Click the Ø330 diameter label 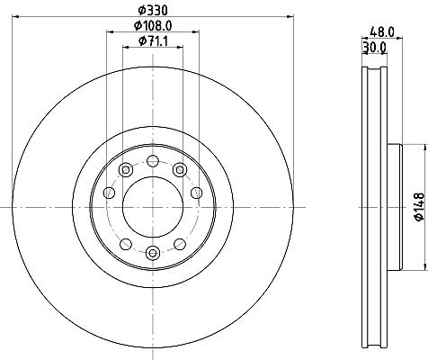click(153, 11)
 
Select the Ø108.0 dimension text click(153, 26)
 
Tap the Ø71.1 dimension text click(153, 41)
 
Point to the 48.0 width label click(382, 31)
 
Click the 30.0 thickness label click(374, 48)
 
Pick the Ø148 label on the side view click(420, 207)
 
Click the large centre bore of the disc click(153, 207)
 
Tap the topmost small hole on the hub click(153, 161)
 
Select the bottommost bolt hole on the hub click(153, 253)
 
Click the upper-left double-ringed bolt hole click(126, 170)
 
